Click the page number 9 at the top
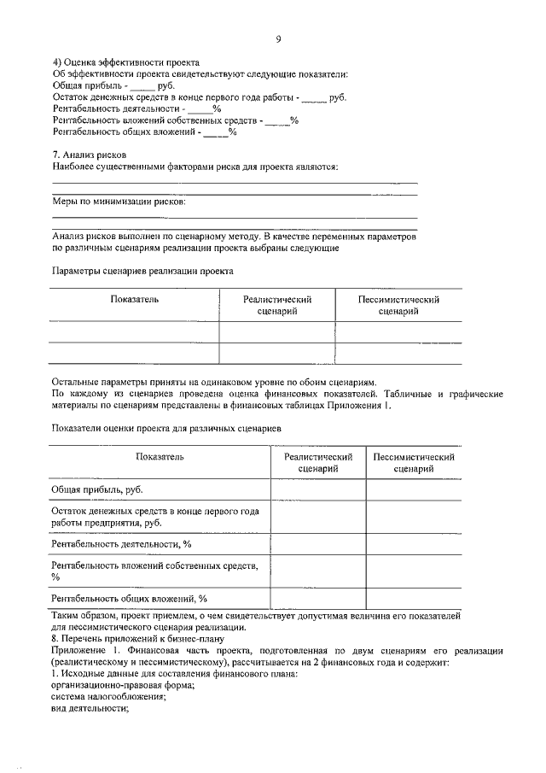[278, 38]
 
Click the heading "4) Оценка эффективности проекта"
[125, 63]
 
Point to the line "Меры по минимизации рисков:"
[118, 202]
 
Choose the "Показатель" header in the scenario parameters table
[134, 300]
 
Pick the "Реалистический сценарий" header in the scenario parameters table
[277, 306]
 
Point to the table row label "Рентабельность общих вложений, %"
[129, 598]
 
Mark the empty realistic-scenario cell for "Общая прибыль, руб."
[318, 489]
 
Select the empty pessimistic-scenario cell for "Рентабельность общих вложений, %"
[413, 598]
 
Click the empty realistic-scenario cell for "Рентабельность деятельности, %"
[318, 543]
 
